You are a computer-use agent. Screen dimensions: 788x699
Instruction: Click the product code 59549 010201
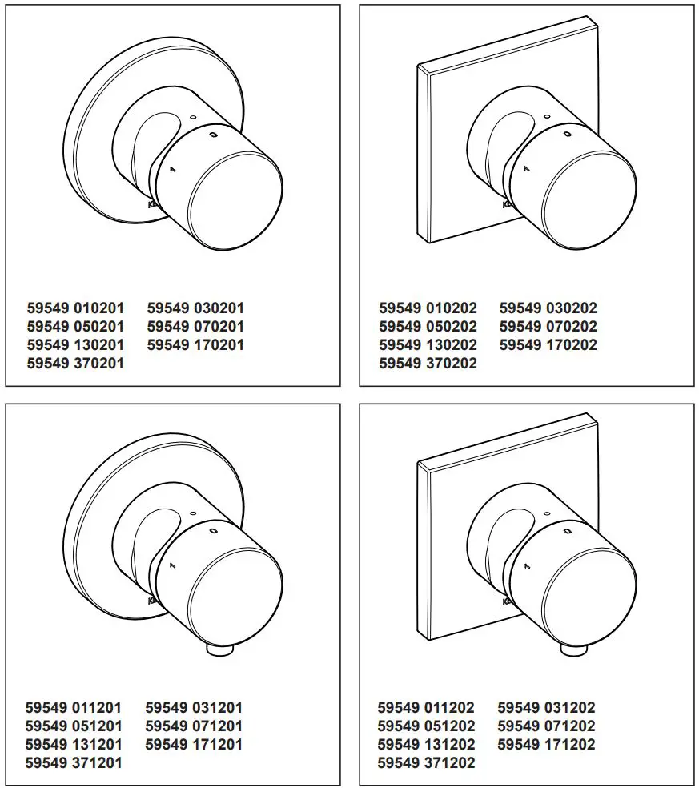tap(75, 308)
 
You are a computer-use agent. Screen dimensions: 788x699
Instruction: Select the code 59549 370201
tap(75, 364)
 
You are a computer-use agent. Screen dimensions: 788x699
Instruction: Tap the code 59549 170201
tap(195, 345)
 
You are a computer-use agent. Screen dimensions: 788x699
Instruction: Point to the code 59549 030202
tap(548, 308)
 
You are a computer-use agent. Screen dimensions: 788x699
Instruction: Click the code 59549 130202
tap(428, 345)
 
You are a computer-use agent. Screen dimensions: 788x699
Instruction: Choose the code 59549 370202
tap(428, 364)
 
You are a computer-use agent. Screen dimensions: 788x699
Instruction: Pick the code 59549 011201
tap(74, 708)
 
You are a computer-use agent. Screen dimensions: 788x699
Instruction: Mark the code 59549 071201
tap(194, 726)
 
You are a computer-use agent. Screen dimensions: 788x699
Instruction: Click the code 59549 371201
tap(74, 763)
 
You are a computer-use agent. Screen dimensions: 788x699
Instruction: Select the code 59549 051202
tap(426, 726)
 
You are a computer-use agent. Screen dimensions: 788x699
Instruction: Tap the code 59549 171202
tap(546, 745)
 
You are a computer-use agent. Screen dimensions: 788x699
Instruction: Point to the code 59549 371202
tap(426, 763)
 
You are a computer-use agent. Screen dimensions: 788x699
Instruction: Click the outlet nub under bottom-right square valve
tap(570, 649)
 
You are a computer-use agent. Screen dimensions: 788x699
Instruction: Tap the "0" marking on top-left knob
tap(213, 135)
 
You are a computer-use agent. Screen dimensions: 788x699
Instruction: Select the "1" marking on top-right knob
tap(526, 169)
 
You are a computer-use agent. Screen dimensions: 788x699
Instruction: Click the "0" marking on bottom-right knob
tap(567, 532)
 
